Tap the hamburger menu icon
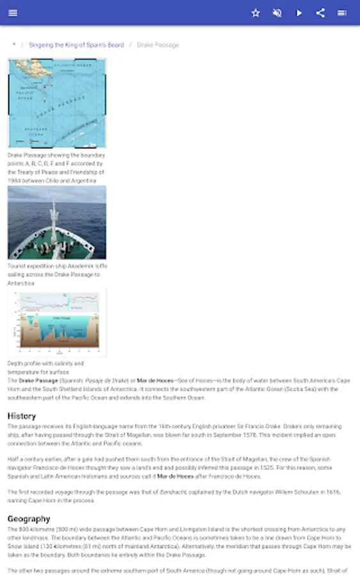[13, 13]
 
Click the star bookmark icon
[256, 13]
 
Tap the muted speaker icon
[278, 13]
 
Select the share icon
[320, 13]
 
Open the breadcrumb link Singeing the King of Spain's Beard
[76, 45]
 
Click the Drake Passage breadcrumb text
[158, 45]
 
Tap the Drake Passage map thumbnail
[57, 103]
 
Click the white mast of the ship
[54, 215]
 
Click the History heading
[22, 416]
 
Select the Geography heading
[29, 519]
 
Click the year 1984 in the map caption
[15, 181]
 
